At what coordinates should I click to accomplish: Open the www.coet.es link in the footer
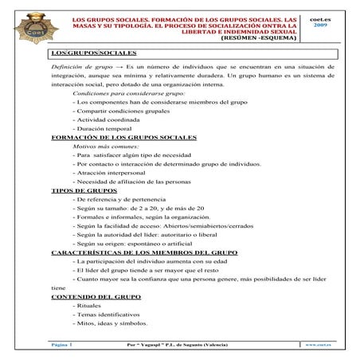[x=317, y=344]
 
